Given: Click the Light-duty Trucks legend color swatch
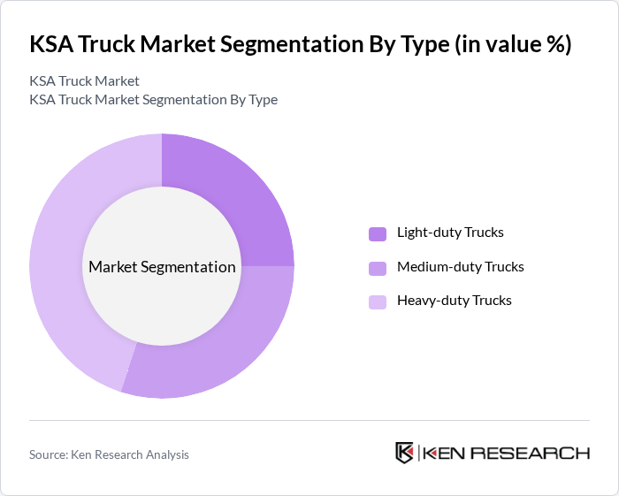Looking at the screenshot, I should click(378, 233).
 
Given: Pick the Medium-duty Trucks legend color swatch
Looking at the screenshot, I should click(378, 267).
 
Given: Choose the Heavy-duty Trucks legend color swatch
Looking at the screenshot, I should click(378, 301).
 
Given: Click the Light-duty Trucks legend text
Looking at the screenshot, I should click(450, 233).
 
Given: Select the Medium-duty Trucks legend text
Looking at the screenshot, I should click(461, 266).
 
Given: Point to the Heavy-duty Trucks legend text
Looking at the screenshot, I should click(455, 300).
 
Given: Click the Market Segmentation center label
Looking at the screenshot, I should click(162, 266).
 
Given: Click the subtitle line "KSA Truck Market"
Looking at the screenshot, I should click(84, 80).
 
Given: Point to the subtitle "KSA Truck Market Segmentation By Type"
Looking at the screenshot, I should click(153, 99).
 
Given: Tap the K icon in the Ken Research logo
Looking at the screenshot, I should click(404, 453).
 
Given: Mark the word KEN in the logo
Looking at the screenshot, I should click(443, 453).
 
